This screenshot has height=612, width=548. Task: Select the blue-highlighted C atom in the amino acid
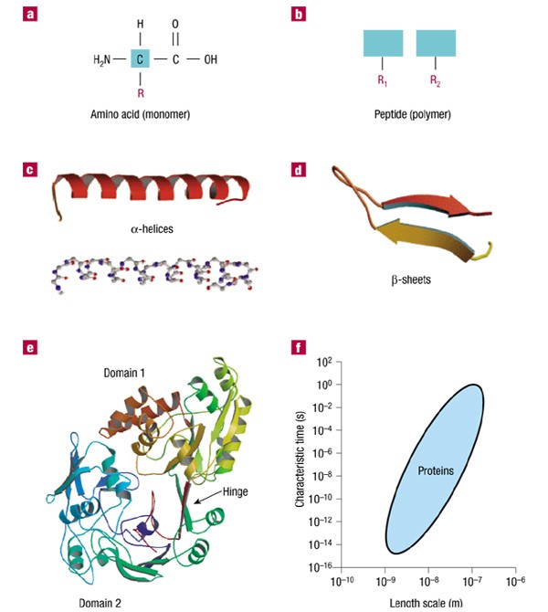141,60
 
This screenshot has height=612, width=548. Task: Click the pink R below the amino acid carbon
141,91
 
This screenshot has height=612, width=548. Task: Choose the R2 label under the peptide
437,80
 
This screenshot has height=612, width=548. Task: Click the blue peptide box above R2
437,44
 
